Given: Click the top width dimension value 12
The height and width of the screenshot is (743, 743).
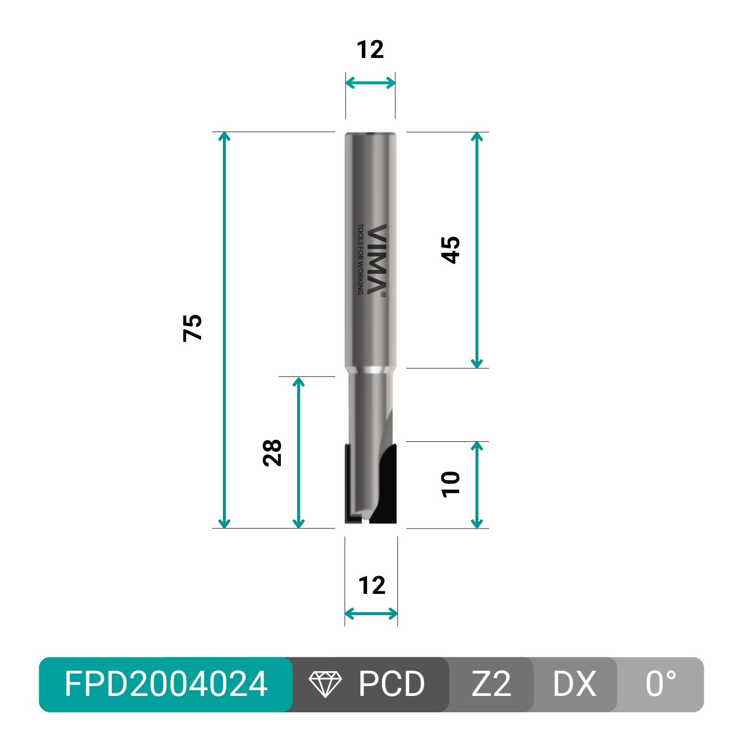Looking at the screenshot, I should [x=370, y=50].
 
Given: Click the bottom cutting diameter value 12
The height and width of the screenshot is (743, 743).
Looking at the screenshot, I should [x=371, y=585].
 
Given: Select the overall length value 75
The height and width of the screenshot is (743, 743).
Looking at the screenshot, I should [x=193, y=327].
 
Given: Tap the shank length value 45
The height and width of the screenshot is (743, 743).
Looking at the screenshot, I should [x=451, y=250].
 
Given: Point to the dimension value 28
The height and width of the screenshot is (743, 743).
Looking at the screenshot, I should [x=272, y=453].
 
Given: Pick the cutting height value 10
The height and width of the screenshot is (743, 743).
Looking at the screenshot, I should [x=451, y=484].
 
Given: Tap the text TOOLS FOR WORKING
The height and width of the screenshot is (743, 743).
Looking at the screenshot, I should [x=361, y=259].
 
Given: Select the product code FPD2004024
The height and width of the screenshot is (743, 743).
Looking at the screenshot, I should [x=166, y=684].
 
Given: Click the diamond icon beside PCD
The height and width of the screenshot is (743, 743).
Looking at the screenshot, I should [x=325, y=684].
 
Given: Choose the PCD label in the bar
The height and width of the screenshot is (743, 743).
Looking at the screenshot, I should [x=391, y=684].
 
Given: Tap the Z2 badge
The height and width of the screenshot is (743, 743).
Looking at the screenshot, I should [x=491, y=684].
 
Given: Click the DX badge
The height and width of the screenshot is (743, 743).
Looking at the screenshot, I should [x=575, y=684].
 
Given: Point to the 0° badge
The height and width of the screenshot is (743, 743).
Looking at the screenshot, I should [x=661, y=684].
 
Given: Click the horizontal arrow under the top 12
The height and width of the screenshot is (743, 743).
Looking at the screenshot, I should [x=371, y=83].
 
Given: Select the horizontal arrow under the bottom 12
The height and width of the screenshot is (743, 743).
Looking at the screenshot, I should [x=371, y=614].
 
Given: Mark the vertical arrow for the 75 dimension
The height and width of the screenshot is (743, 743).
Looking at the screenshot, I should [x=224, y=330].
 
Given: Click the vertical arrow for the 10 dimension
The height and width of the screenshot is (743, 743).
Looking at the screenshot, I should [x=477, y=485].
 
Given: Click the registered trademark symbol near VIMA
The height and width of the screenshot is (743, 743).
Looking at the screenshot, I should [x=383, y=294].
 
